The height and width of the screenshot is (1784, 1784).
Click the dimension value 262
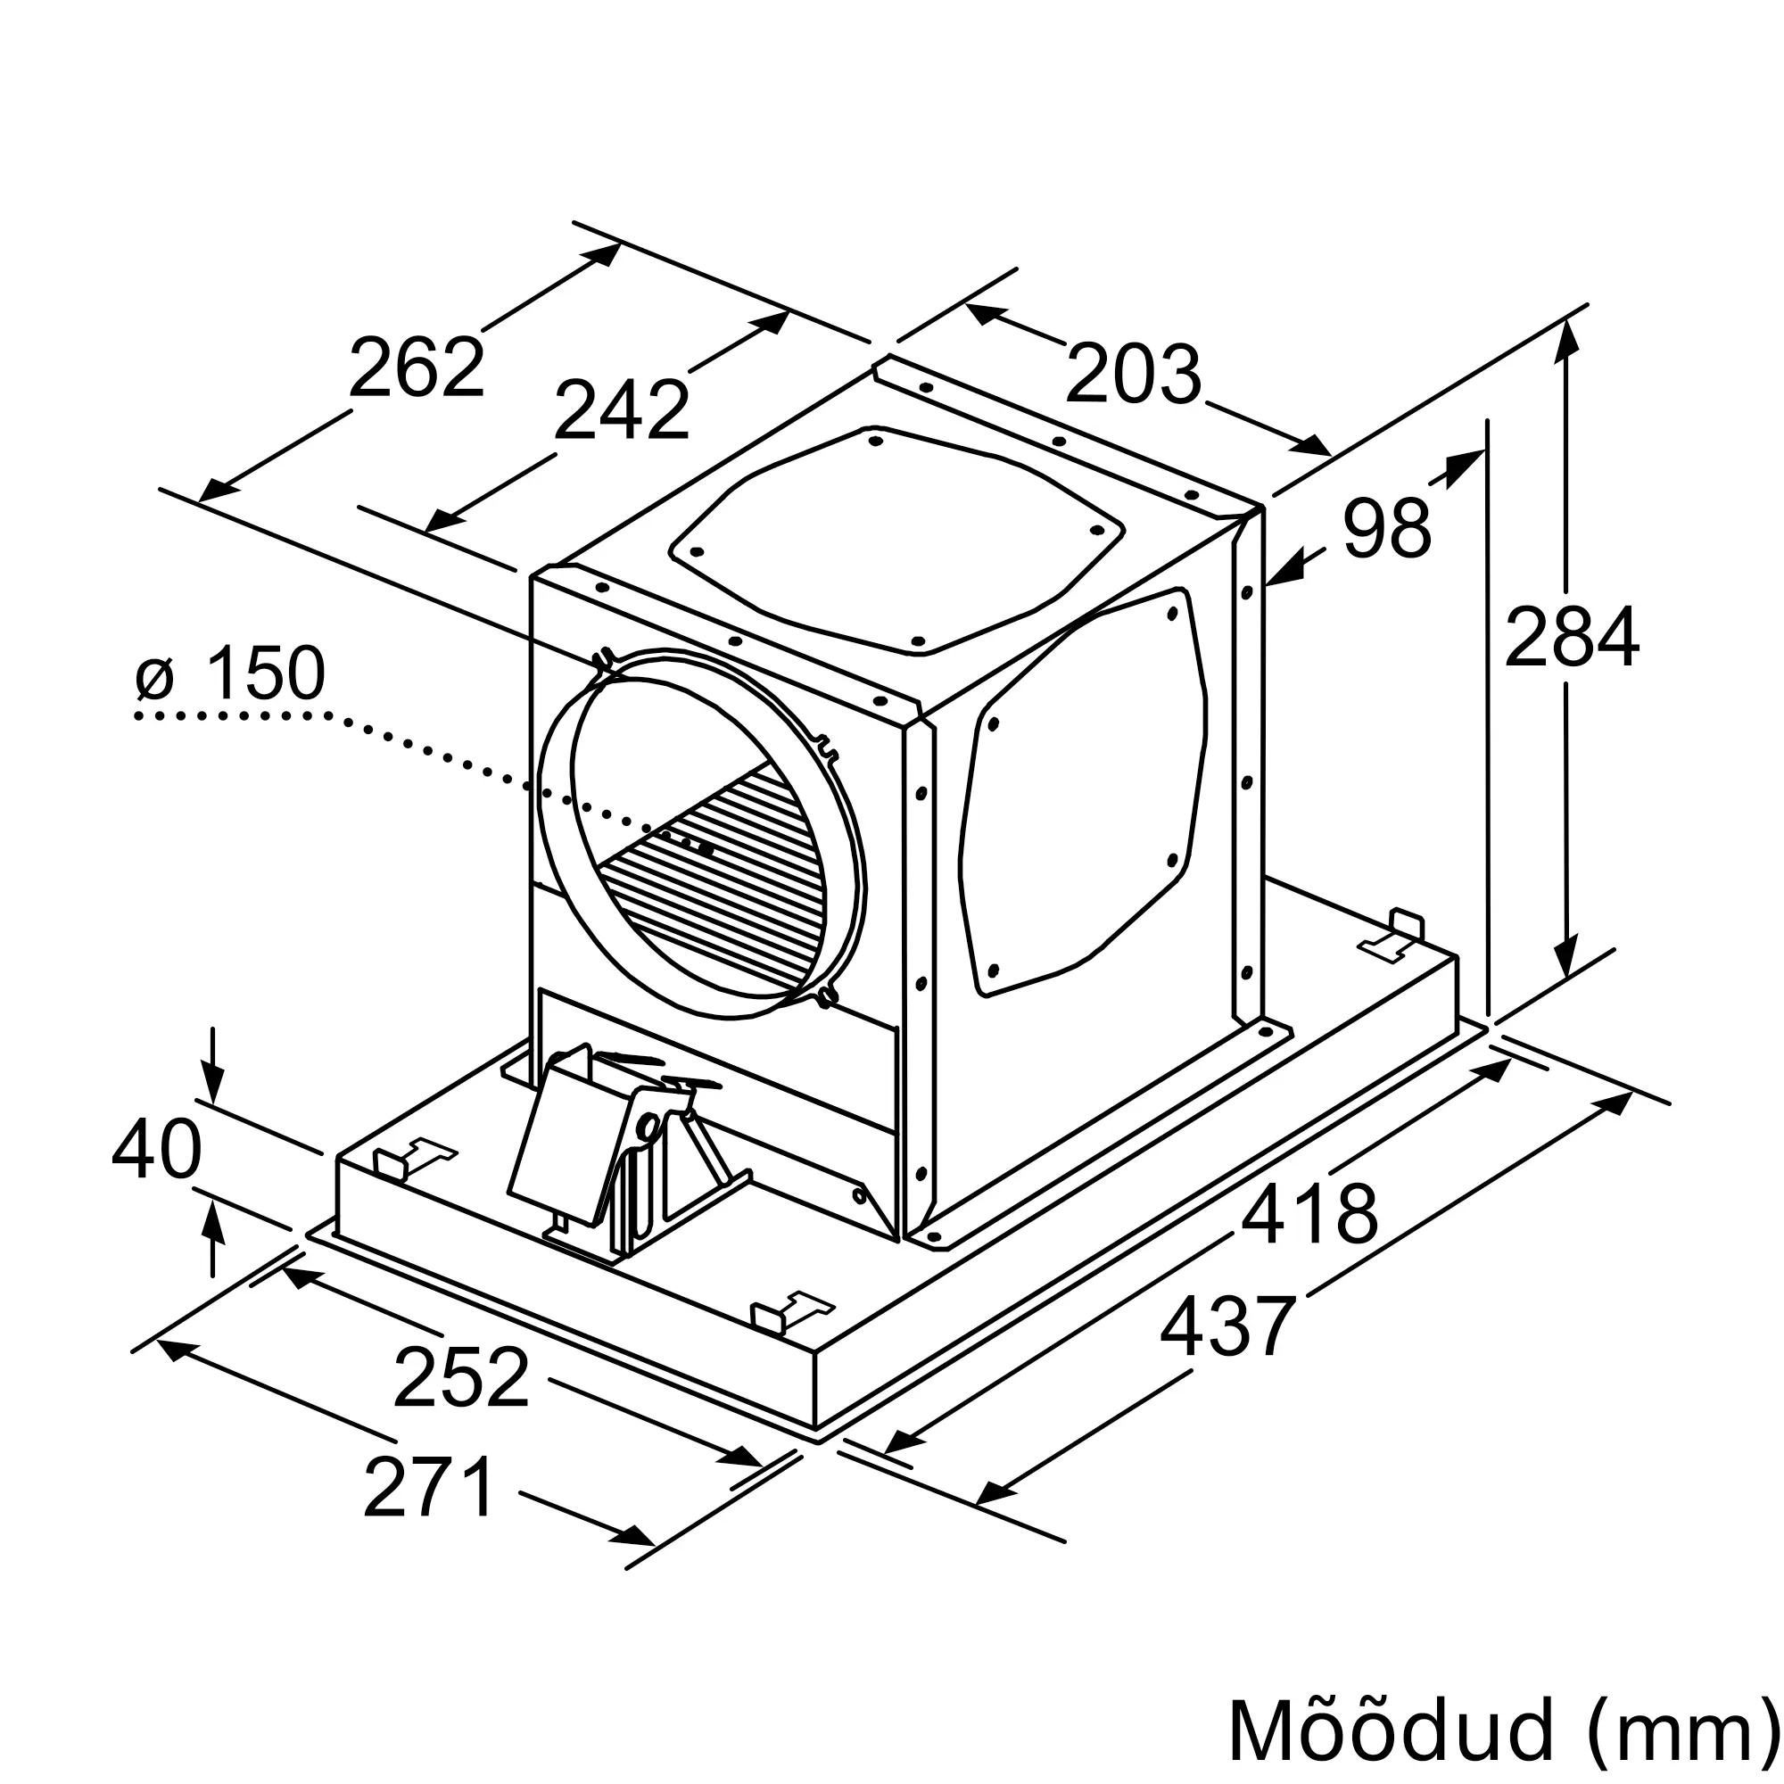[x=417, y=367]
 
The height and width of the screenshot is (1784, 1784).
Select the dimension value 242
[x=622, y=410]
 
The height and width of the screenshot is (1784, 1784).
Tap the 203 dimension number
[x=1133, y=373]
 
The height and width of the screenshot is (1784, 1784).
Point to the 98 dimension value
[x=1387, y=528]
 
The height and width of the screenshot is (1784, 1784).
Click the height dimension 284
[x=1572, y=636]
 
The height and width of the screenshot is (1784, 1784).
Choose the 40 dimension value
[x=156, y=1150]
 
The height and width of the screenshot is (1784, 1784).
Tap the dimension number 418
[x=1309, y=1214]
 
